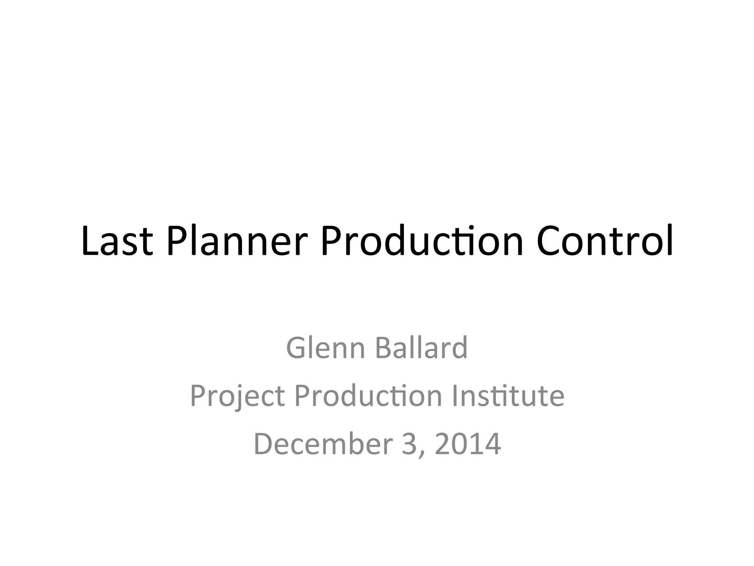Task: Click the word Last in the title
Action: (117, 241)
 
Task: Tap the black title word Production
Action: (422, 241)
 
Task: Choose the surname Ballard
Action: (421, 348)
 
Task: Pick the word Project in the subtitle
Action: (238, 396)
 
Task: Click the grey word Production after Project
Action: (368, 396)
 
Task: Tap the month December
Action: (323, 444)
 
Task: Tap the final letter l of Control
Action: (670, 240)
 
